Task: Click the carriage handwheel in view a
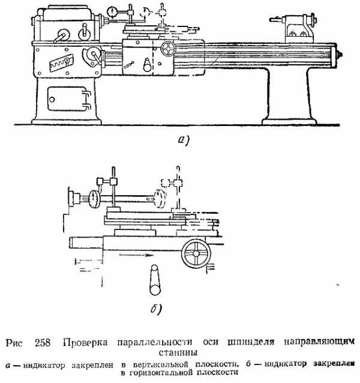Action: [168, 49]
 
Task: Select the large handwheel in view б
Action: [196, 253]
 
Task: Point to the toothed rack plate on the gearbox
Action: [62, 63]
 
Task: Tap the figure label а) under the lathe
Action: [184, 140]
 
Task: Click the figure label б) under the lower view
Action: [156, 309]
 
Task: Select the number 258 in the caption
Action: [43, 343]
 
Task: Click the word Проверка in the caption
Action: [85, 343]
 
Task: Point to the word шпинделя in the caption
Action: [251, 342]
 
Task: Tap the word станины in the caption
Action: [178, 353]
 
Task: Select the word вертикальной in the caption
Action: [161, 364]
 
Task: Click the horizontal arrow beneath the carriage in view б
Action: [136, 255]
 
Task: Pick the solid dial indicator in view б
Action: [94, 199]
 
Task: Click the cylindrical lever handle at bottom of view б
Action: [155, 280]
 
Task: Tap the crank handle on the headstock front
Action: [62, 36]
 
